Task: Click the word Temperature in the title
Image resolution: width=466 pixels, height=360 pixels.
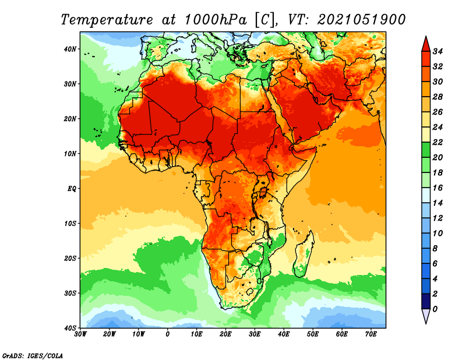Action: (x=107, y=20)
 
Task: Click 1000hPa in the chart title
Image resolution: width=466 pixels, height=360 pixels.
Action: (x=216, y=20)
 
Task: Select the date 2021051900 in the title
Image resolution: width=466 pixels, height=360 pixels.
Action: (x=361, y=20)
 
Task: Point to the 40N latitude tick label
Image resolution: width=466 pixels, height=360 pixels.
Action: (x=70, y=49)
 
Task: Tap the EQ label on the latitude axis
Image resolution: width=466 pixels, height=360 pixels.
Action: (x=72, y=189)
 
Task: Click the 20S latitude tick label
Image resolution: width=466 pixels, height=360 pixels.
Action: (x=70, y=258)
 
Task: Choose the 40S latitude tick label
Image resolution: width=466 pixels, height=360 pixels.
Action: (x=70, y=328)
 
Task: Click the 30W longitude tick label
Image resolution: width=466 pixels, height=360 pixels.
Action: (x=80, y=334)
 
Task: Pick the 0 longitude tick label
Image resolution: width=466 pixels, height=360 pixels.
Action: (x=168, y=334)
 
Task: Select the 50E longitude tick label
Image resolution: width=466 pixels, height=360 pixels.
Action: (x=313, y=334)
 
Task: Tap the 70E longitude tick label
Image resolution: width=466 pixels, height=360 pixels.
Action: (x=371, y=334)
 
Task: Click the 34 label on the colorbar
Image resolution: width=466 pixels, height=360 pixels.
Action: (x=437, y=51)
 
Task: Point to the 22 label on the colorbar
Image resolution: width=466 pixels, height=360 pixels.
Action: (x=437, y=142)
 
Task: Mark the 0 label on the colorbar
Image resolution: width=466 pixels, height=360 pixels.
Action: (x=435, y=309)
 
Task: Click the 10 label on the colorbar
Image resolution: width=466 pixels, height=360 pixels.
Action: (x=437, y=234)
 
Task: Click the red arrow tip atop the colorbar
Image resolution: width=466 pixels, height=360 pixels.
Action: (x=426, y=37)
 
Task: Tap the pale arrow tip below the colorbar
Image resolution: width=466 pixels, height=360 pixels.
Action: (x=426, y=323)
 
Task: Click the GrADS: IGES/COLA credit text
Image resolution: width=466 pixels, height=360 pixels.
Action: (x=33, y=355)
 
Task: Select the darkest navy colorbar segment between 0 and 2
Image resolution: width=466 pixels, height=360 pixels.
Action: (x=426, y=301)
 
